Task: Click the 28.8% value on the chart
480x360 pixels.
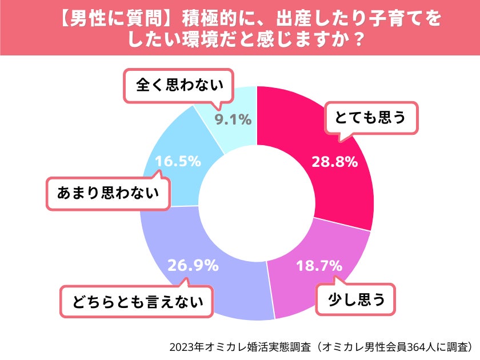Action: point(334,162)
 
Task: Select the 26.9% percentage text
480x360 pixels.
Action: point(193,265)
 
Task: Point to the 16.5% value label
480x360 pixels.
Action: point(178,162)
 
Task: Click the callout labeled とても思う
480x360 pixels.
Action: point(371,117)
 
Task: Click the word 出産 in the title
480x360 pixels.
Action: point(292,19)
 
